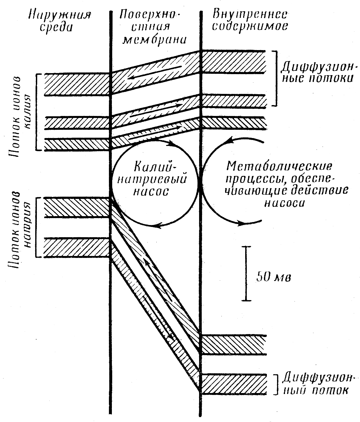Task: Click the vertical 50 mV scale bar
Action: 246,273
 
